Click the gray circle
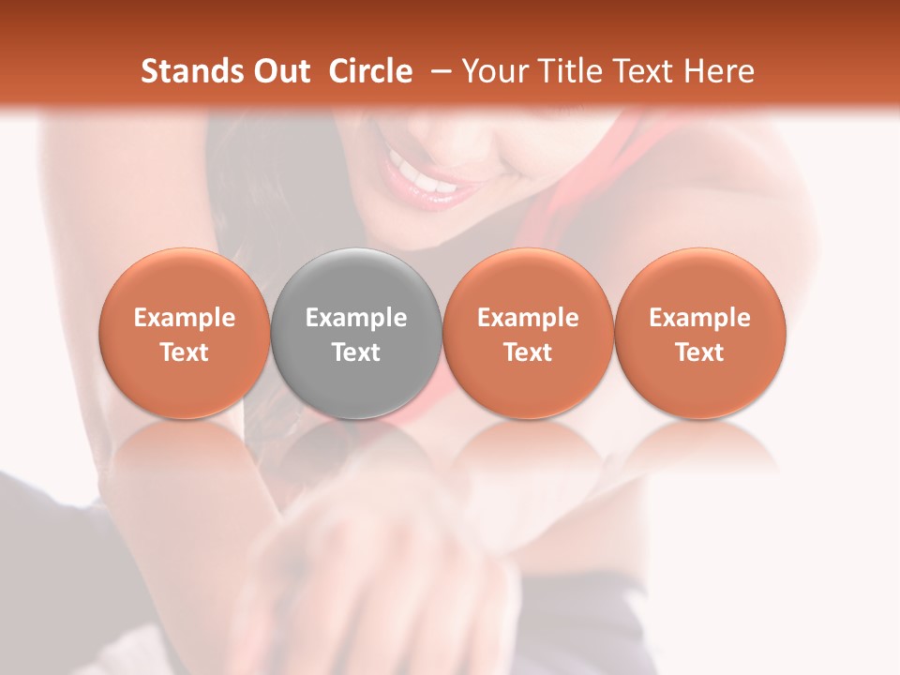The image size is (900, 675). coord(356,333)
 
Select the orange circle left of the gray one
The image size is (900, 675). coord(184,333)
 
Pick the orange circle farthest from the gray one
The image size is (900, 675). coord(699,333)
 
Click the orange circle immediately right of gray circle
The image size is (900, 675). coord(528,333)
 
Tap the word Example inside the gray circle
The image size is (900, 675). coord(356,318)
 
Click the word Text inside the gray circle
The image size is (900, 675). coord(356,352)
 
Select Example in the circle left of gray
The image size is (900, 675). coord(184,318)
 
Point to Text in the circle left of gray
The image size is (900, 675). coord(184,352)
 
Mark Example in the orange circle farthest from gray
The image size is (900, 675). coord(699,318)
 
